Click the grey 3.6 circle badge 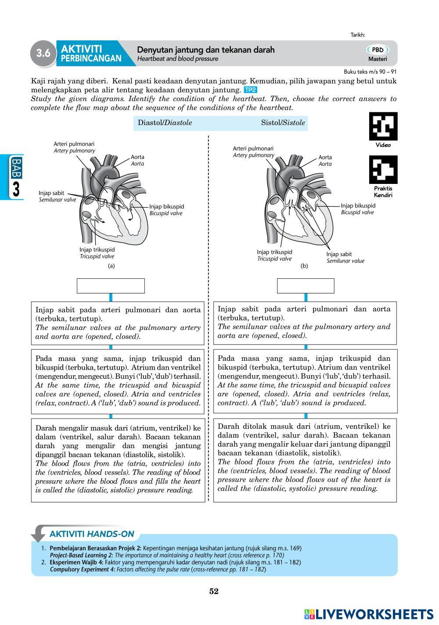click(43, 54)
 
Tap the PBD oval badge click(377, 50)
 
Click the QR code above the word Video click(383, 126)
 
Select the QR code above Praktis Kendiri click(383, 170)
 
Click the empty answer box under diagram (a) click(111, 286)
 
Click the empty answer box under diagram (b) click(306, 286)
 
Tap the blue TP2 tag click(250, 90)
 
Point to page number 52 click(214, 591)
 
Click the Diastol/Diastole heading click(165, 123)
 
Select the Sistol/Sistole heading click(283, 123)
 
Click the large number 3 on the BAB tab click(16, 190)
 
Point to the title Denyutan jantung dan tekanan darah click(206, 50)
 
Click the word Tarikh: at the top click(358, 35)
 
